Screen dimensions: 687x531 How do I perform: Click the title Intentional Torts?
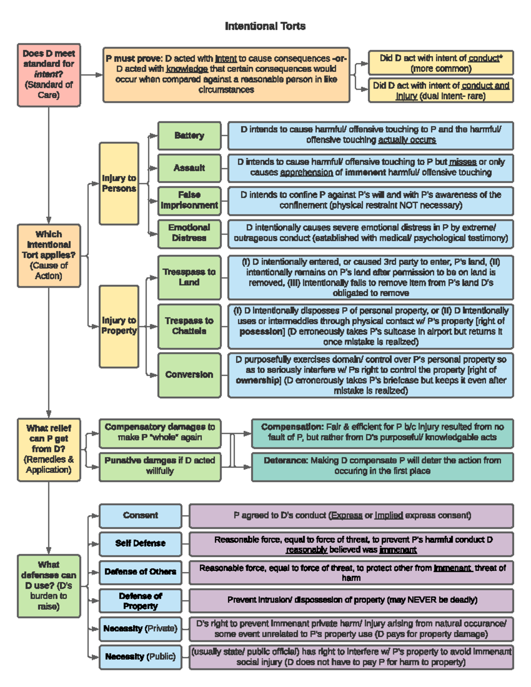265,26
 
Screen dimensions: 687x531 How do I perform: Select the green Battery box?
189,135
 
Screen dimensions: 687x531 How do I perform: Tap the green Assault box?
189,168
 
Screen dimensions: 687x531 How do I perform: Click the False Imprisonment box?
189,200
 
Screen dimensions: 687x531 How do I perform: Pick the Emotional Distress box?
189,233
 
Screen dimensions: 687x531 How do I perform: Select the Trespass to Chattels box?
189,326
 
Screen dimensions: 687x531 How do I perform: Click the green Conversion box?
189,375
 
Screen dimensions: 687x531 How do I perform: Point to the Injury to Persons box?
119,184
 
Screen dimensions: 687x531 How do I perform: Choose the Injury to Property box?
119,326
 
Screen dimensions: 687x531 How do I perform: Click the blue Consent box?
140,515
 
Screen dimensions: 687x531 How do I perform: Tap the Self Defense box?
140,544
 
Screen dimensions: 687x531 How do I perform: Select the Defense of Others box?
140,572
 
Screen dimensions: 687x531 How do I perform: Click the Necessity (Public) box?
140,657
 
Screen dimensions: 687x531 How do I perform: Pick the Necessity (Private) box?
140,629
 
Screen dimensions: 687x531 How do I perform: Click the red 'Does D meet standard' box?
49,75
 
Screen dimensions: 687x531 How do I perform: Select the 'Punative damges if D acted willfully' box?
160,466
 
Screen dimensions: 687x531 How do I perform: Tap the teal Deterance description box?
382,466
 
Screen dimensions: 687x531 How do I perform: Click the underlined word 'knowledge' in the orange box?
187,69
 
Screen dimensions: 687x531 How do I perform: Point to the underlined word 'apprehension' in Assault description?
306,173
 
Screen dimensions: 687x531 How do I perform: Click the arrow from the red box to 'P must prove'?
92,75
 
